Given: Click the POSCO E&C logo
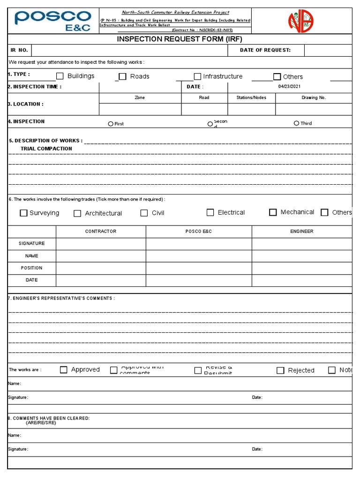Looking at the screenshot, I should click(53, 21).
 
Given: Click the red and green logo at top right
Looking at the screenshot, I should click(300, 21).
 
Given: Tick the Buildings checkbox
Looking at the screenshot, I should click(60, 76).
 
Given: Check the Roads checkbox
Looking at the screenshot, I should click(122, 76).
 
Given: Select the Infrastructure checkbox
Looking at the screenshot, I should click(197, 76).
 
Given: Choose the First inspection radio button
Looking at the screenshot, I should click(111, 124).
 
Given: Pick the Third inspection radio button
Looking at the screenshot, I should click(296, 123).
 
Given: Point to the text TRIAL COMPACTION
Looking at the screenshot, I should click(46, 149).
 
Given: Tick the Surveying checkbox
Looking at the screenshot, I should click(23, 213).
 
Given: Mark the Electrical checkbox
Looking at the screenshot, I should click(210, 212).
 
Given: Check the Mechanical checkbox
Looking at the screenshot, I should click(273, 212).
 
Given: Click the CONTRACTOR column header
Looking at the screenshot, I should click(101, 232).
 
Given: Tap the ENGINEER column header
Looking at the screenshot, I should click(302, 232).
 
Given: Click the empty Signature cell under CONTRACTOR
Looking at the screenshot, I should click(101, 244).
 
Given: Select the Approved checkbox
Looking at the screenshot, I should click(64, 370).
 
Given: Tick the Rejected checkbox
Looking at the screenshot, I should click(280, 370).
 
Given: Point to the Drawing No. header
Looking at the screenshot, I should click(314, 98).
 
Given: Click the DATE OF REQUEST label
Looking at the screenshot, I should click(265, 50).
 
